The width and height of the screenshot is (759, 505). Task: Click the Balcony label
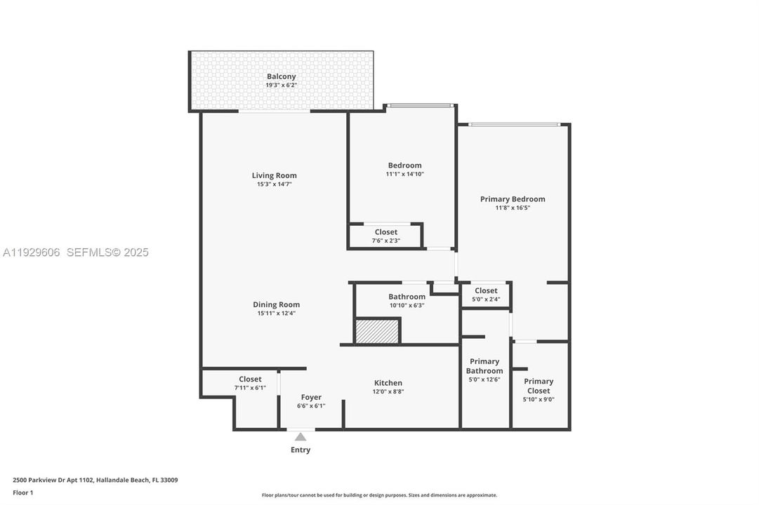(x=281, y=76)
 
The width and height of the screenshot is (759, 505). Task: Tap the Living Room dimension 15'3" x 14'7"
(x=274, y=184)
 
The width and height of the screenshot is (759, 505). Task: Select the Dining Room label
(x=276, y=304)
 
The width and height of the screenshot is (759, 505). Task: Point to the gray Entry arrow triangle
(x=301, y=437)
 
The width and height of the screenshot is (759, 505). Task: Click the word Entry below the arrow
(x=301, y=450)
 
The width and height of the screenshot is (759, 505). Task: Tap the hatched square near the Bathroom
(x=377, y=331)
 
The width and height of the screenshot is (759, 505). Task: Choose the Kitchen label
(x=388, y=383)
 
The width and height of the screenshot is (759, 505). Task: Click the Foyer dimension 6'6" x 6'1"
(x=311, y=405)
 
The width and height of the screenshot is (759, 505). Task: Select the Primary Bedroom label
(x=513, y=199)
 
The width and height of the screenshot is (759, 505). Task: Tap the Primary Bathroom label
(x=484, y=366)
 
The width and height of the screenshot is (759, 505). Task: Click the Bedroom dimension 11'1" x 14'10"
(x=404, y=174)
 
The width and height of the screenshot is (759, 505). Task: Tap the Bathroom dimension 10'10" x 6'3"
(x=407, y=305)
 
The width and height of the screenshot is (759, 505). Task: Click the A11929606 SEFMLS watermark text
(x=76, y=252)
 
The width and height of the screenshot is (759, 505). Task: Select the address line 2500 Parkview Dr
(x=95, y=480)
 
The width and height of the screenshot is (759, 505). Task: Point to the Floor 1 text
(x=22, y=492)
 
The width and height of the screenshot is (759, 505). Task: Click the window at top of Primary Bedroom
(x=514, y=125)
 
